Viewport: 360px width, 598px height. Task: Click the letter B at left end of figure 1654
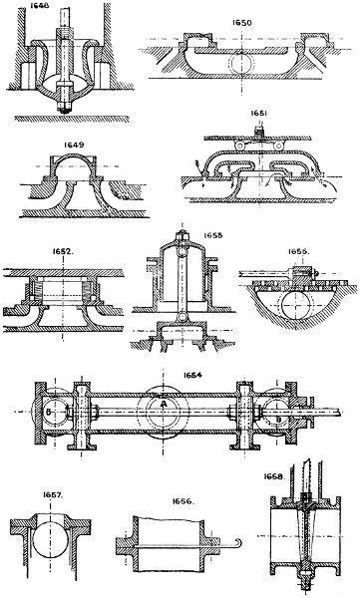[x=48, y=411]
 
